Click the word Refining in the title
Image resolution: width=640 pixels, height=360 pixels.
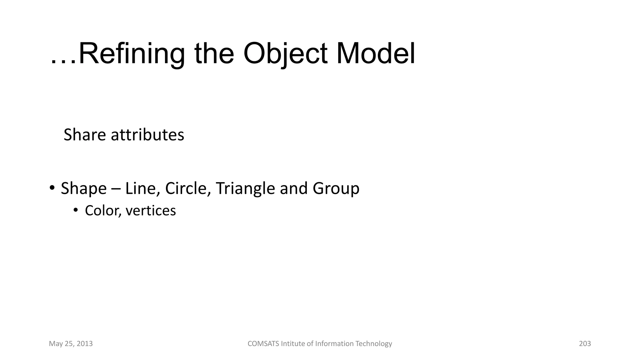pos(132,54)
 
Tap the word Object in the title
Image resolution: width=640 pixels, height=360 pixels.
pos(285,54)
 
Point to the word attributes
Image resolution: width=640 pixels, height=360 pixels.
pos(147,135)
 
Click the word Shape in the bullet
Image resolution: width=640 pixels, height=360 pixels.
pos(83,188)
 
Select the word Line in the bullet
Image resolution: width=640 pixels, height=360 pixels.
pos(140,188)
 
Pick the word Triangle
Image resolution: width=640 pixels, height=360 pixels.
pos(245,188)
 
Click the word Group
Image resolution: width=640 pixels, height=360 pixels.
pos(336,188)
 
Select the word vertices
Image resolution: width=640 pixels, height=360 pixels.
pos(151,211)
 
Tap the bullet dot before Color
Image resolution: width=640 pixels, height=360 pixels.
pos(75,210)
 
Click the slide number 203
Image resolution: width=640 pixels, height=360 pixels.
pos(585,344)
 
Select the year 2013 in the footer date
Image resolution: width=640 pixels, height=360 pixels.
pos(84,344)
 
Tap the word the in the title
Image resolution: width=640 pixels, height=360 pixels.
pos(214,54)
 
